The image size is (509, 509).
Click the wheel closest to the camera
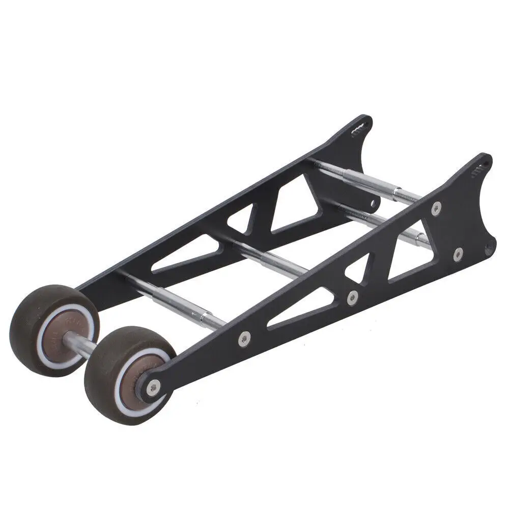point(127,374)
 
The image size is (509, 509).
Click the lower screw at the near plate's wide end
point(458,252)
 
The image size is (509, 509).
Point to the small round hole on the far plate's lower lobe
point(375,202)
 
